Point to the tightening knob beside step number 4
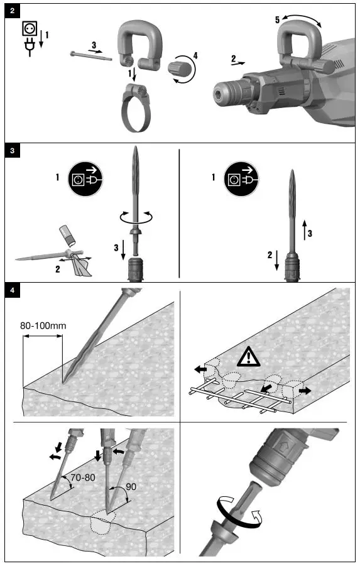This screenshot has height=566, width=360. click(180, 68)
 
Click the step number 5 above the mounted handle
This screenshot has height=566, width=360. click(276, 20)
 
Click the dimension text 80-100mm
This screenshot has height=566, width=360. click(43, 325)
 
